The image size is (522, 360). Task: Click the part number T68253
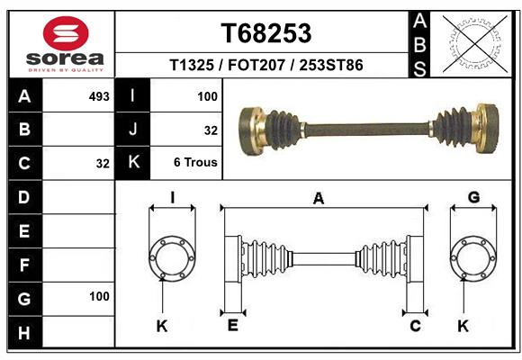265,33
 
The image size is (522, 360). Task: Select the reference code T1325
192,66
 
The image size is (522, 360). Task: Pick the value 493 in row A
99,95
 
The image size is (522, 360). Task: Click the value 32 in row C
102,164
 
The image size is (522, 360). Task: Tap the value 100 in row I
207,95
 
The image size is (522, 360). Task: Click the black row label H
24,332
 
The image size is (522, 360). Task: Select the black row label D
24,197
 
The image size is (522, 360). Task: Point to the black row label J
133,130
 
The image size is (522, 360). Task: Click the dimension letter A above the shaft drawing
318,199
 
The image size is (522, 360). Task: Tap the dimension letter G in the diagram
473,198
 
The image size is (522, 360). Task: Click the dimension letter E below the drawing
232,326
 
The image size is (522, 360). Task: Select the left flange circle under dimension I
171,258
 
